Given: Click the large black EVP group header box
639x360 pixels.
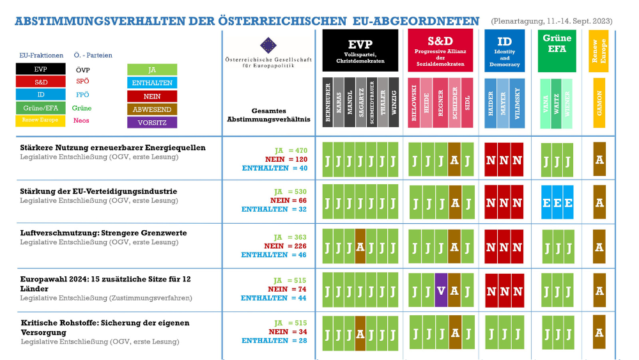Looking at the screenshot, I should click(360, 50).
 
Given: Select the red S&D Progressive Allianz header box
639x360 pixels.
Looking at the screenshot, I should click(440, 50).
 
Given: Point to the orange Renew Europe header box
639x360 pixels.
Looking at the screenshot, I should click(599, 51).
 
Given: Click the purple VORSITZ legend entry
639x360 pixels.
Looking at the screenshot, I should click(152, 122).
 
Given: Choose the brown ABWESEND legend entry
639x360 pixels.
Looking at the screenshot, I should click(152, 109).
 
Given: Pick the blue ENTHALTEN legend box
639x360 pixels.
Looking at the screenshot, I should click(152, 83).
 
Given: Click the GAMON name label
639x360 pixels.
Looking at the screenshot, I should click(599, 102).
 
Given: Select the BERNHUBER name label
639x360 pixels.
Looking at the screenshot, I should click(328, 102).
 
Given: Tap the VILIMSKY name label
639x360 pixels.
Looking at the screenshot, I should click(517, 102).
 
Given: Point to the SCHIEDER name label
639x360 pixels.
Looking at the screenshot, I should click(454, 102).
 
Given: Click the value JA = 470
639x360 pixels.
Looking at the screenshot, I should click(289, 150).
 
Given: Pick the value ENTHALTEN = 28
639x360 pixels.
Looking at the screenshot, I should click(274, 341).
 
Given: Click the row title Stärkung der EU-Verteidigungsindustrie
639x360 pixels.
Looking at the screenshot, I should click(98, 191).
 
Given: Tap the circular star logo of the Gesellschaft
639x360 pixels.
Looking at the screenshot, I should click(268, 45).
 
